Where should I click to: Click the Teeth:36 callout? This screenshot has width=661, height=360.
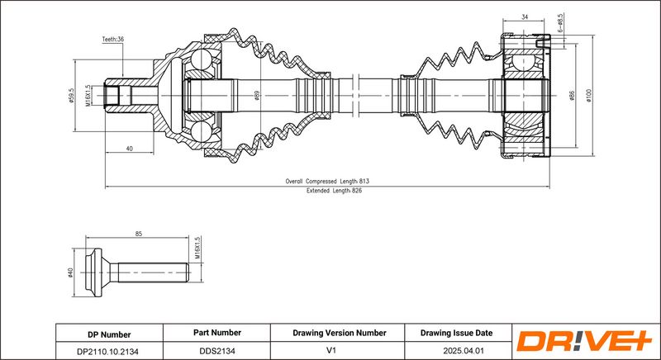tap(112, 39)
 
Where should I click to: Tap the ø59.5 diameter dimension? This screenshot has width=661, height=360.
tap(73, 98)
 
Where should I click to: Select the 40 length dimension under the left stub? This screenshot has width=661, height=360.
tap(130, 149)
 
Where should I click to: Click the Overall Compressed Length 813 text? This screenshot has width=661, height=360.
tap(328, 180)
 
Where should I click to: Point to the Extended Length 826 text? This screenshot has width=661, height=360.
tap(335, 190)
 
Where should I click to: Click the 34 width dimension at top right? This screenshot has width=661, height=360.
tap(524, 15)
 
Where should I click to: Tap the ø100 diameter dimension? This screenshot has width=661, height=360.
tap(588, 96)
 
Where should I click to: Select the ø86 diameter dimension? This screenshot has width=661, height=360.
tap(572, 97)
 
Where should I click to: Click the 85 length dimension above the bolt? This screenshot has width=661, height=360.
tap(138, 234)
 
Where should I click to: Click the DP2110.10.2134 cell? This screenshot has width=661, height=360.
tap(109, 350)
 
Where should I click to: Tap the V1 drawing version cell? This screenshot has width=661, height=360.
tap(340, 350)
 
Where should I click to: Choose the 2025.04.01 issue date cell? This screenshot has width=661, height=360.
tap(456, 350)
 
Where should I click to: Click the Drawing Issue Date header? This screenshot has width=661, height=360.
tap(456, 333)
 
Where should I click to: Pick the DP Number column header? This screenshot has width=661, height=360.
tap(109, 334)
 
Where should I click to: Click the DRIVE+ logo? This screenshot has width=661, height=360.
tap(583, 340)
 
